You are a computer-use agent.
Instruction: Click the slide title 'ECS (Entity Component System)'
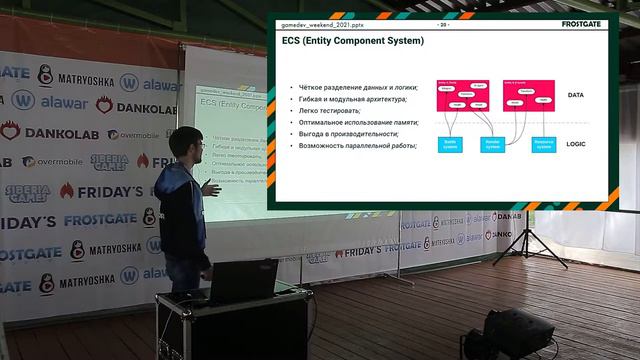(352, 41)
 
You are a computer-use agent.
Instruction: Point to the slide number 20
(442, 23)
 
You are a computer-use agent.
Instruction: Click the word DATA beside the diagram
(576, 96)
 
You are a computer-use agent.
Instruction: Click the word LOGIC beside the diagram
(576, 144)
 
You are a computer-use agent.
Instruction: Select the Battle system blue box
(450, 144)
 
